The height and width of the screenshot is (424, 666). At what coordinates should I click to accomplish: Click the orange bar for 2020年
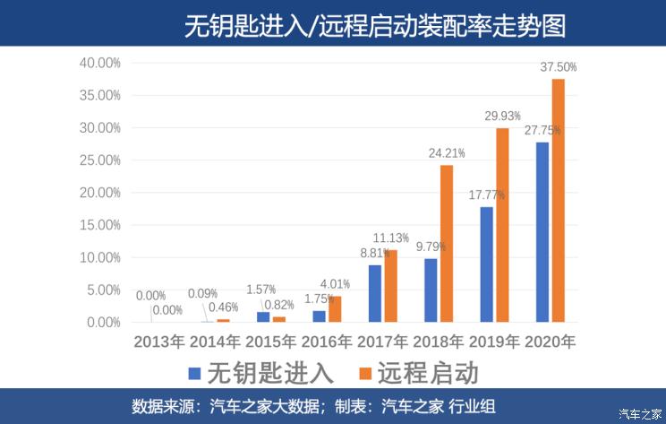559,201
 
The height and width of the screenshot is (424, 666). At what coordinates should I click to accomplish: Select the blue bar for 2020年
542,232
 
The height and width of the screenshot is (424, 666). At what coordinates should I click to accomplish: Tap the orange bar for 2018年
447,244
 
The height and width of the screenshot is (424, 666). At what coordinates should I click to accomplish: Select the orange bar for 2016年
335,309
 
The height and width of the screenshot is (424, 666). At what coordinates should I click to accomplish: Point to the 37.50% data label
559,67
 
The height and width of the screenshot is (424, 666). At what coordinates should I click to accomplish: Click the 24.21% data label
447,153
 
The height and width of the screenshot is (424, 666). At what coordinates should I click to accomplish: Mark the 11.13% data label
390,238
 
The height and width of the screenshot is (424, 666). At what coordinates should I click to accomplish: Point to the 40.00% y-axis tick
100,64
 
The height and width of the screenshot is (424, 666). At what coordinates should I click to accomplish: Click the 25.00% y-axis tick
100,160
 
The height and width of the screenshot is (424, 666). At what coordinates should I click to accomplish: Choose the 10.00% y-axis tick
100,258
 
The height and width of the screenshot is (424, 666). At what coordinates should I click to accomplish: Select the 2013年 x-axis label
159,342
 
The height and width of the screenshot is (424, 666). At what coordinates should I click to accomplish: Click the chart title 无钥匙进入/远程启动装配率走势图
376,24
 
